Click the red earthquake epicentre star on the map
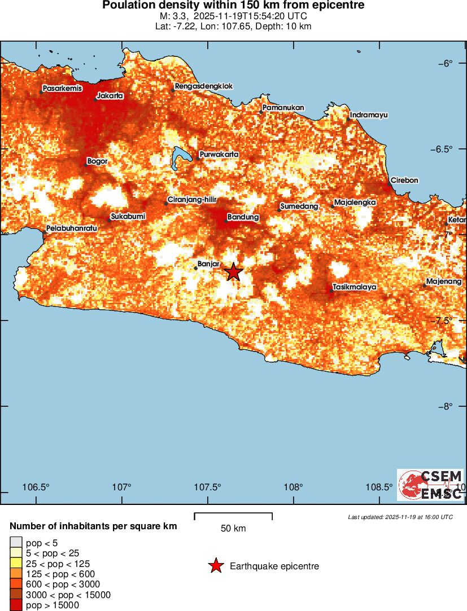click(233, 272)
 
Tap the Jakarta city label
click(110, 96)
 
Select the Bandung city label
click(243, 217)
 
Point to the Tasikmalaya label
click(355, 287)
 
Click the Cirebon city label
click(404, 181)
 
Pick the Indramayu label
click(369, 115)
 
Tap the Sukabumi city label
click(128, 216)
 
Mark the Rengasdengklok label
click(204, 86)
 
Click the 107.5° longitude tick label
click(208, 487)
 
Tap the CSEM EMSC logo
click(430, 485)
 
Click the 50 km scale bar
click(233, 516)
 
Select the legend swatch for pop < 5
click(16, 543)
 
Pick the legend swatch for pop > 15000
click(16, 605)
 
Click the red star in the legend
click(215, 566)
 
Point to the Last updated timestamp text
click(400, 517)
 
